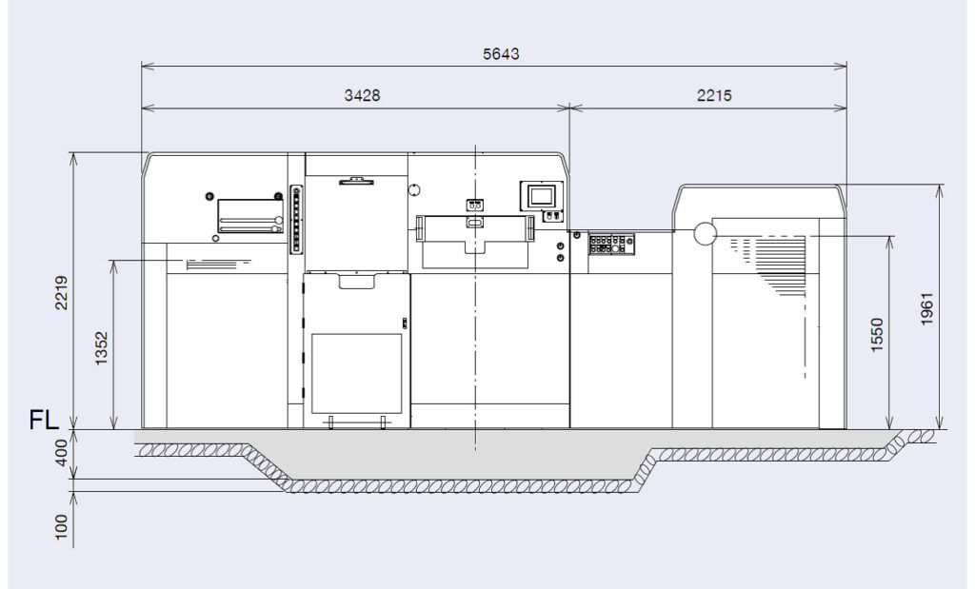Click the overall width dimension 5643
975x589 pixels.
[501, 54]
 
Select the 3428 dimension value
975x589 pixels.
[362, 96]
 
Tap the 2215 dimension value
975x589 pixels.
[714, 96]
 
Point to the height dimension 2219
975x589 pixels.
[61, 293]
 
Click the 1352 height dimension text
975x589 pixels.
[101, 348]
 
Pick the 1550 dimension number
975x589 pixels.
[877, 335]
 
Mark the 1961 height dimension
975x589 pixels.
[926, 309]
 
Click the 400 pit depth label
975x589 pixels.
[61, 454]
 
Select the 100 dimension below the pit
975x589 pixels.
[61, 527]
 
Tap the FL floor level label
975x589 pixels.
[44, 421]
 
